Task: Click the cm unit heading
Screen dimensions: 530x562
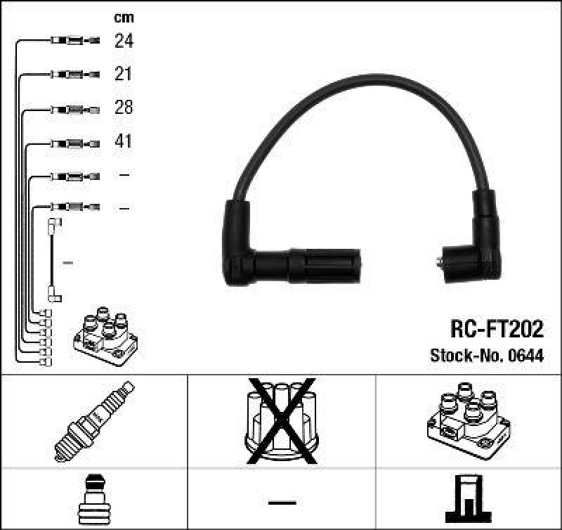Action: (x=124, y=18)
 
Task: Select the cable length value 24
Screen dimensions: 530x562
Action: (x=124, y=41)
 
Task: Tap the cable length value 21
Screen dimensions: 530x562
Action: (x=124, y=75)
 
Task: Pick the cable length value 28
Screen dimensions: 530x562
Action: (x=124, y=108)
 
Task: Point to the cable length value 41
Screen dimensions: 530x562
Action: (x=124, y=141)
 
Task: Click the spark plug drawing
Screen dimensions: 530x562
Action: (x=94, y=421)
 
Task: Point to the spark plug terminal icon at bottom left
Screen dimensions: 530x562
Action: (x=93, y=500)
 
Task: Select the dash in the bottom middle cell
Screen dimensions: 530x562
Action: (x=282, y=502)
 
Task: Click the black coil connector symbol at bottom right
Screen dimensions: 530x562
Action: (x=468, y=500)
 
